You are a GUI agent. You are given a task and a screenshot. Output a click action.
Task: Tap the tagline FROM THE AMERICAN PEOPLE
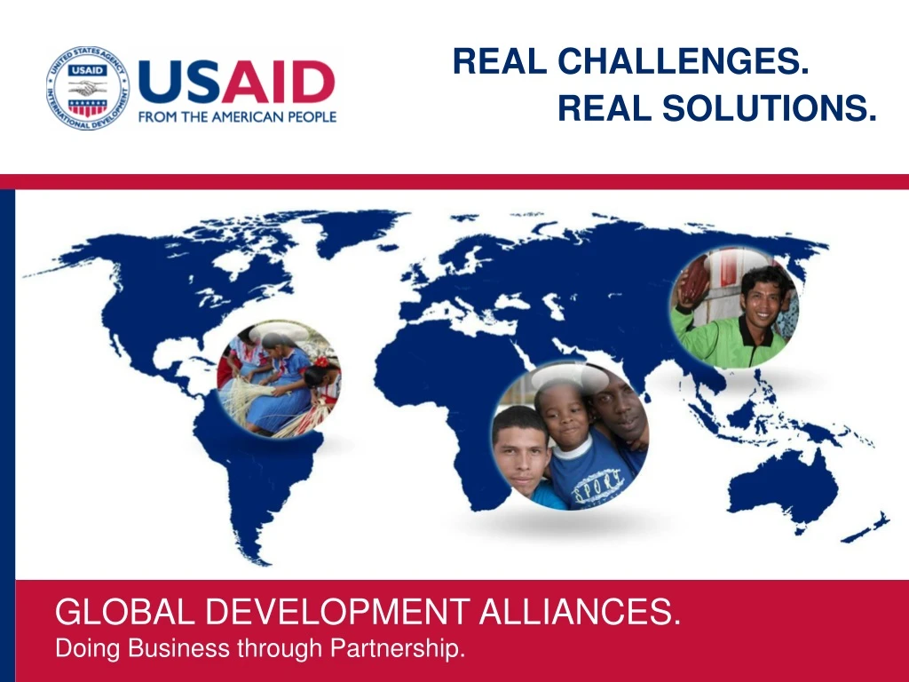(237, 116)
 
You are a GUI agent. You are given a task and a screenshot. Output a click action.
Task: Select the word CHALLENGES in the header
(683, 61)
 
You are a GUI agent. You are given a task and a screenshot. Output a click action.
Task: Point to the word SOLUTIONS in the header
(769, 108)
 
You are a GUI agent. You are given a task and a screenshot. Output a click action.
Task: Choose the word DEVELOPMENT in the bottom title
(347, 613)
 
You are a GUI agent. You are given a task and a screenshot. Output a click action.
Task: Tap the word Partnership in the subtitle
(397, 649)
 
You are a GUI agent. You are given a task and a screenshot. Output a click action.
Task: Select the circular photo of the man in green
(734, 307)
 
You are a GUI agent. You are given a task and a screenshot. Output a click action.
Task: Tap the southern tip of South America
(257, 559)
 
